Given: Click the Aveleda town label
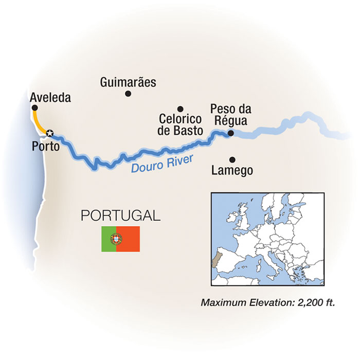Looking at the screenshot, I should click(x=50, y=97).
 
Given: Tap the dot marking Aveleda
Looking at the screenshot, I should click(x=34, y=107).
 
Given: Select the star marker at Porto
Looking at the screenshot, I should click(x=49, y=133).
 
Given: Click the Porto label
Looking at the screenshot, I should click(x=45, y=147).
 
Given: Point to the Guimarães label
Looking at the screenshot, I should click(x=128, y=82).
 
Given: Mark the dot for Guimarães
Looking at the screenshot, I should click(x=128, y=94).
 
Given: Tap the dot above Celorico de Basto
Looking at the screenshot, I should click(x=180, y=109).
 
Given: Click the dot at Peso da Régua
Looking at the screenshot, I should click(x=230, y=133).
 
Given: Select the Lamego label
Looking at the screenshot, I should click(x=232, y=171).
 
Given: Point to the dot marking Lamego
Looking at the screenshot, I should click(x=232, y=159).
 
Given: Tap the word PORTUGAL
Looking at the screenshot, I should click(x=121, y=215).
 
